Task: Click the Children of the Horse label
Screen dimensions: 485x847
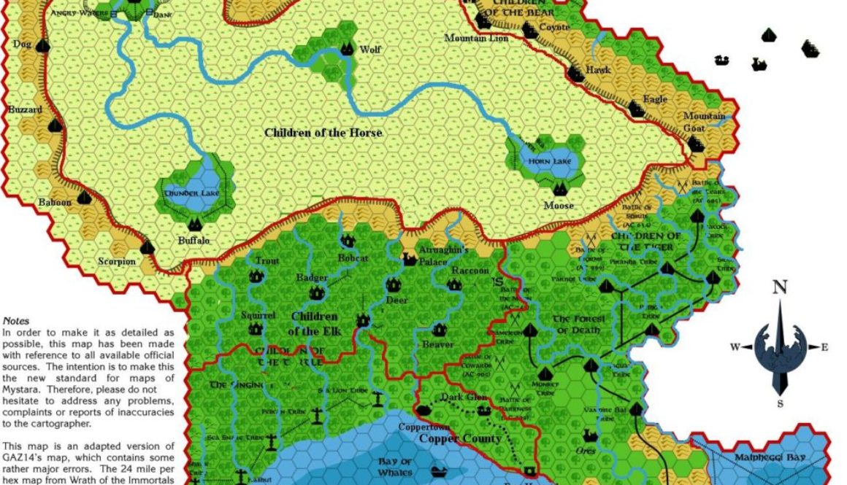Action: (323, 133)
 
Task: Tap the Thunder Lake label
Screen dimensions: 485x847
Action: (191, 193)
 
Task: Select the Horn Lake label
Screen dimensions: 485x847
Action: (547, 160)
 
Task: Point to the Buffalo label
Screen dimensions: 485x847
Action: (193, 240)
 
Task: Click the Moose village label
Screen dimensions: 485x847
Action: (558, 206)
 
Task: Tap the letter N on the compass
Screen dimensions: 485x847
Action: (779, 288)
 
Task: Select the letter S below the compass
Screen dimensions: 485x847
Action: (780, 403)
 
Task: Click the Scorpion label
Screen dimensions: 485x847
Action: (117, 261)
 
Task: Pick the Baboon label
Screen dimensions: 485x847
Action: (55, 202)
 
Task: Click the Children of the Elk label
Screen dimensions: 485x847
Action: (314, 324)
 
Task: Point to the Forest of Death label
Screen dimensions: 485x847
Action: (577, 325)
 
